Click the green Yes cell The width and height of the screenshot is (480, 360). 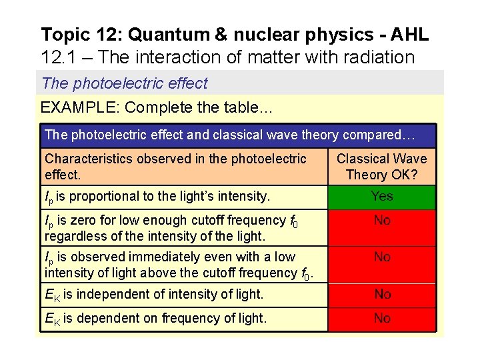coord(382,197)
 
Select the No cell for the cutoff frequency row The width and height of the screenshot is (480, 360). coord(382,227)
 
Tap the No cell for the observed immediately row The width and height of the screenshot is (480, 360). coord(382,264)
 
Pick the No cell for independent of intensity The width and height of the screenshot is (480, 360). coord(382,294)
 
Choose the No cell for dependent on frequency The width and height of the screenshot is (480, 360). coord(382,319)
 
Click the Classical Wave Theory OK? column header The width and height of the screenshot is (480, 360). coord(382,167)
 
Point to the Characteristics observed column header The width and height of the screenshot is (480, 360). coord(176,167)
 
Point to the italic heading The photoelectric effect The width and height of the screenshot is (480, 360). coord(125,83)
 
